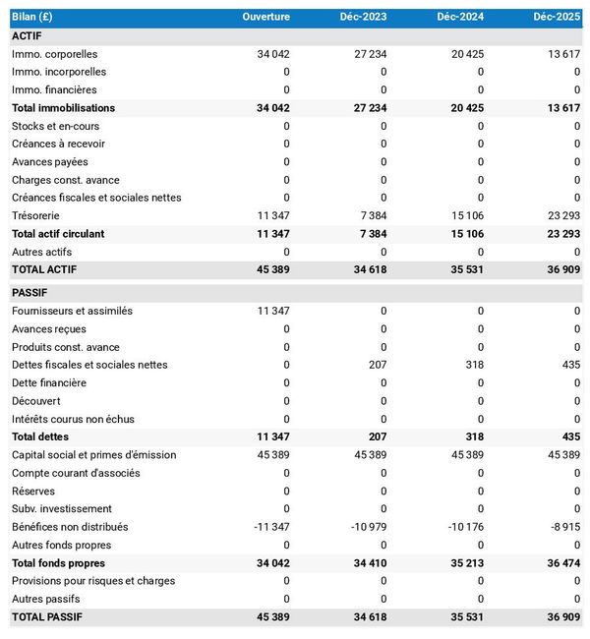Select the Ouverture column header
click(265, 18)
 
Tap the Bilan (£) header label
click(33, 18)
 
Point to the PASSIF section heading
click(29, 293)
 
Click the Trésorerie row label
click(35, 215)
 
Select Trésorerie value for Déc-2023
click(371, 215)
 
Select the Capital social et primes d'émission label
click(94, 455)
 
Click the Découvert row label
click(35, 401)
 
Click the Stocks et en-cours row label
click(55, 126)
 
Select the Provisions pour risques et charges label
click(93, 581)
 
